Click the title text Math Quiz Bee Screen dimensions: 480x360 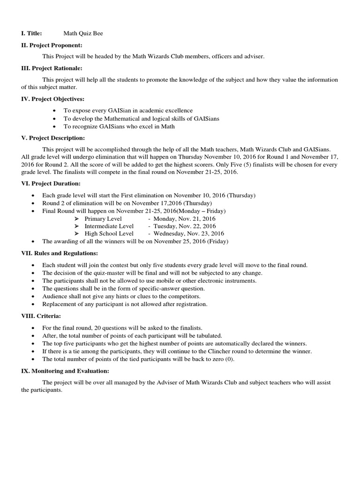[83, 34]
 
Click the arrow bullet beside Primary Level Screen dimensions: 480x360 [77, 219]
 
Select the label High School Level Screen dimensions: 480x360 [109, 233]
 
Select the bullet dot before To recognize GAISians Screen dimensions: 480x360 [55, 127]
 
